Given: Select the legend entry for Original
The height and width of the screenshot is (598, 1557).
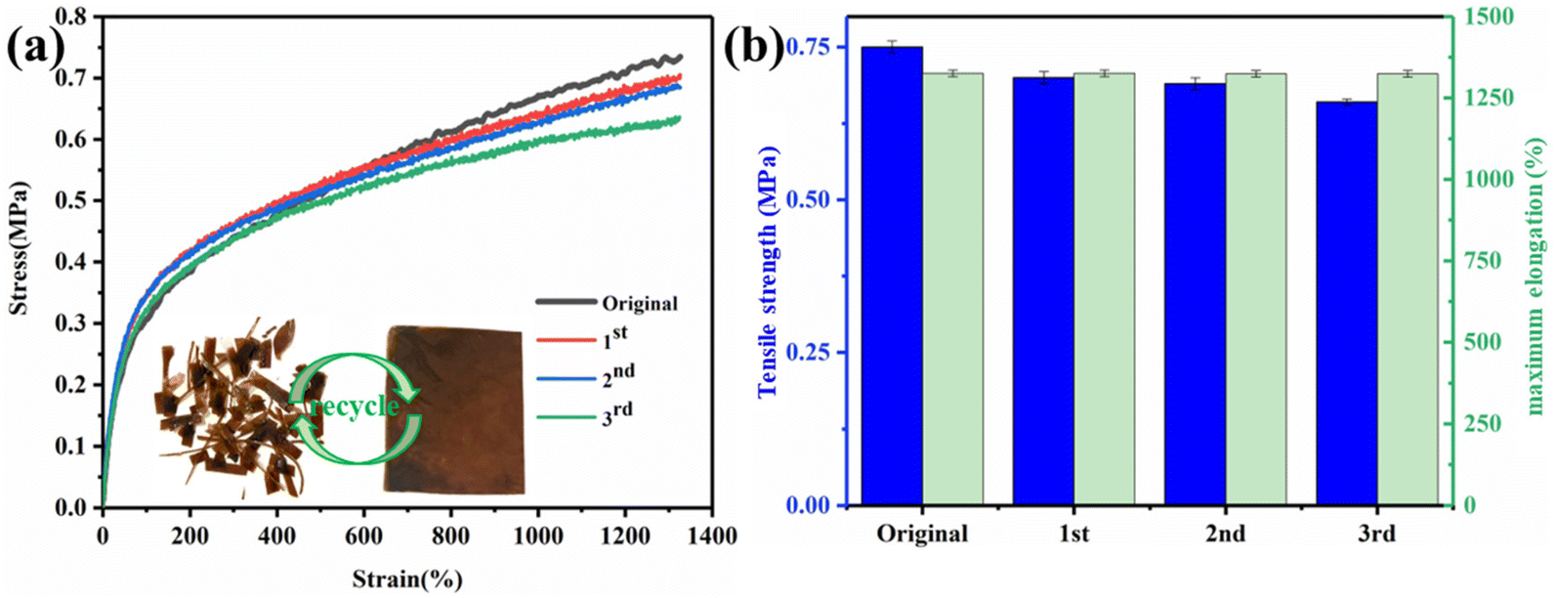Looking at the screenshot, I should (x=639, y=303).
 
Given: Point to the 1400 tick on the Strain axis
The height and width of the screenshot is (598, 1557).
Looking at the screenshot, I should (x=711, y=534).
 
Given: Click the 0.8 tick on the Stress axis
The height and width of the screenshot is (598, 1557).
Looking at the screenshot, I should (x=70, y=17).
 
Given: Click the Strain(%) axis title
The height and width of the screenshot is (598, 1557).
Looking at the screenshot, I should (x=406, y=578).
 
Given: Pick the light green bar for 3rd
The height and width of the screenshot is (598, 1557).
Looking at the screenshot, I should (x=1409, y=289).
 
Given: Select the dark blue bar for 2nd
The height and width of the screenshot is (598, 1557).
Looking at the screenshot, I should (x=1195, y=294).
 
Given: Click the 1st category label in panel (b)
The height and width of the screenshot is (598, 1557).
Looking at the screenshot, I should (x=1073, y=534).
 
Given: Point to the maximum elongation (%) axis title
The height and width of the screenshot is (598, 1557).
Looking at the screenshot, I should (x=1536, y=276).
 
